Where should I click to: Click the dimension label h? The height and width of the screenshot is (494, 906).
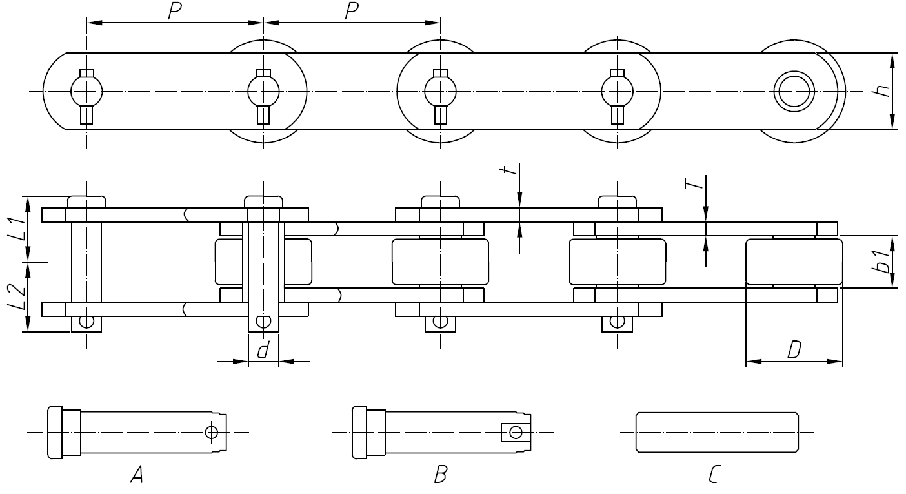click(x=883, y=90)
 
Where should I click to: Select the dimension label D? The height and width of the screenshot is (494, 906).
click(x=794, y=350)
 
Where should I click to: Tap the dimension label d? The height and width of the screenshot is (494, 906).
click(x=263, y=351)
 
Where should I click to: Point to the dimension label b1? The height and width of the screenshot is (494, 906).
click(x=884, y=261)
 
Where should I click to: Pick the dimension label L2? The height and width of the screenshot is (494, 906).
click(x=17, y=298)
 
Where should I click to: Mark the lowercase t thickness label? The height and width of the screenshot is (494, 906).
click(x=510, y=170)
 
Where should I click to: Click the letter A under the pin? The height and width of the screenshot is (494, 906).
click(x=136, y=476)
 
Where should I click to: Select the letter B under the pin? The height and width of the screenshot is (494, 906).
click(x=441, y=476)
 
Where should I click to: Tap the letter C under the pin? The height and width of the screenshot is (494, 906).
click(x=714, y=476)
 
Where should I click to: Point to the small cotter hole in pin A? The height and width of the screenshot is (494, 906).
click(x=211, y=432)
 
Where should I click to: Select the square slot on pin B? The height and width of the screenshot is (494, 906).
click(x=514, y=432)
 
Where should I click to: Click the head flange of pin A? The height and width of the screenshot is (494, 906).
click(x=55, y=432)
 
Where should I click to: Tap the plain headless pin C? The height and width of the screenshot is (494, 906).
click(x=716, y=431)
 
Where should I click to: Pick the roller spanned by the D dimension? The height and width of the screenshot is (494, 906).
click(x=794, y=262)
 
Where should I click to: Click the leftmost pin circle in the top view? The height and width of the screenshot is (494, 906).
click(x=86, y=91)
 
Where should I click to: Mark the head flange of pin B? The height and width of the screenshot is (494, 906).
click(x=359, y=432)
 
